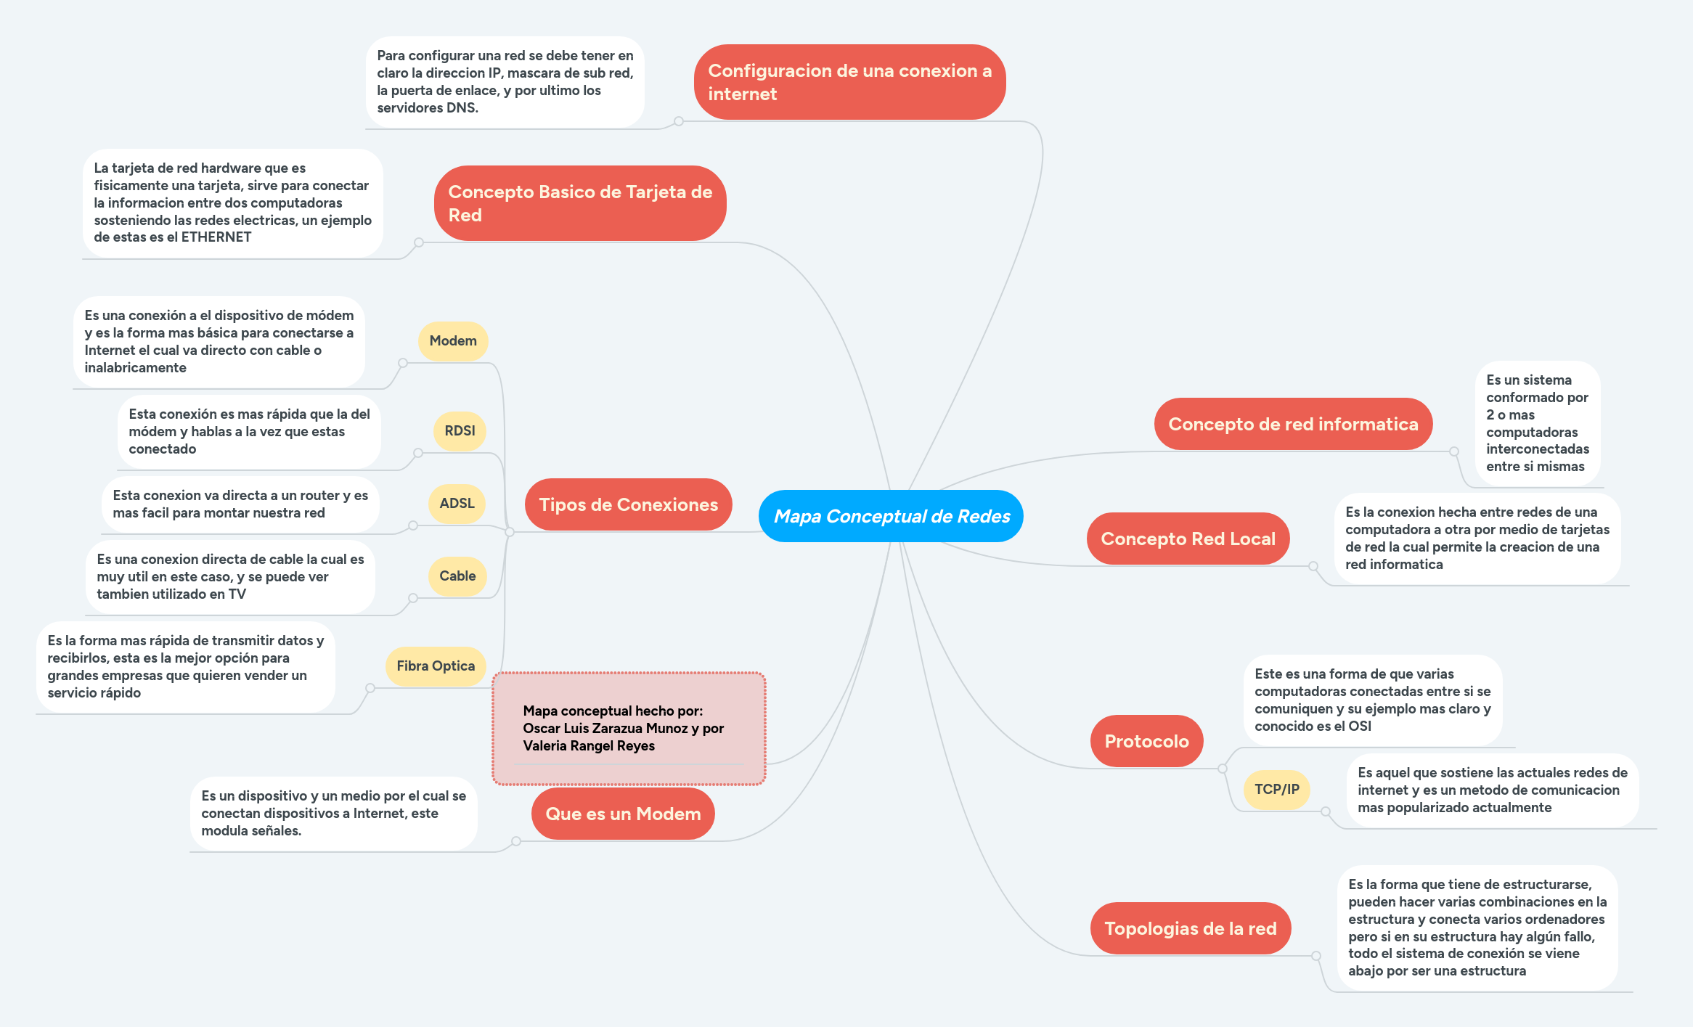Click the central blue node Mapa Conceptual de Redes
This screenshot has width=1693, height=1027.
891,516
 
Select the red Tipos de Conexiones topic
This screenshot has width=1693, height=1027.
628,504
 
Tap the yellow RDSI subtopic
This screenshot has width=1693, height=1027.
460,430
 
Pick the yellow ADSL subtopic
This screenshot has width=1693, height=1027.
457,503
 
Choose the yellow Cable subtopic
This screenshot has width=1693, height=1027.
457,576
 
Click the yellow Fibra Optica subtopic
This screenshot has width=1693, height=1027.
436,666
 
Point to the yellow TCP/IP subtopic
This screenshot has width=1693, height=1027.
1277,789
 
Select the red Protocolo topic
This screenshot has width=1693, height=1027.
1146,741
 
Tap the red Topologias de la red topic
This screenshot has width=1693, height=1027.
1190,928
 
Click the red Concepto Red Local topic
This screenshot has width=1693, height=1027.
1188,539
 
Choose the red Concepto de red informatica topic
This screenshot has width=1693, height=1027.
1293,424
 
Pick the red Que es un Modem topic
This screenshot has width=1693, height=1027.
623,814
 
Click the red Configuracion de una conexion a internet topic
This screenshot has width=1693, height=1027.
849,82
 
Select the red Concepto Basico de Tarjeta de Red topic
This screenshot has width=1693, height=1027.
580,203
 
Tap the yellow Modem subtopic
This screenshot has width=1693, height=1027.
453,340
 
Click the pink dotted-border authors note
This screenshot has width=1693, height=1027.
629,728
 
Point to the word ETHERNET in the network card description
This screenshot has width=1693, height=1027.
216,237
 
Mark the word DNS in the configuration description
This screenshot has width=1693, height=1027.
462,108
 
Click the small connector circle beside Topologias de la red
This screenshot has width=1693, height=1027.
1316,956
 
